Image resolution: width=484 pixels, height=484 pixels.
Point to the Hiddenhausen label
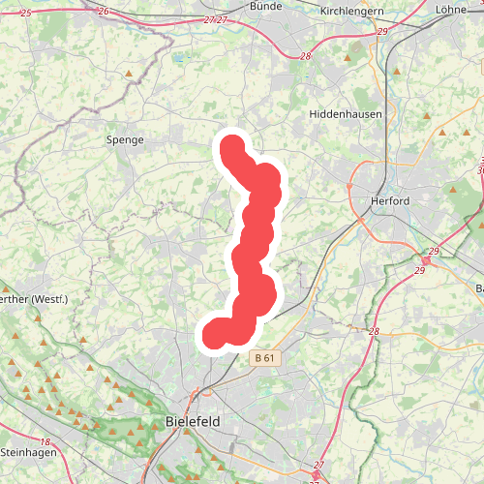pyautogui.click(x=346, y=114)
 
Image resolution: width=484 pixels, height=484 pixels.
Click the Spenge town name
pyautogui.click(x=124, y=140)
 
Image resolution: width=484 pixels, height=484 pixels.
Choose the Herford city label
pyautogui.click(x=391, y=201)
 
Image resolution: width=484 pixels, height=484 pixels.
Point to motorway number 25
pyautogui.click(x=25, y=11)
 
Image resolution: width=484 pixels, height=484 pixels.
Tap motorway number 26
pyautogui.click(x=103, y=11)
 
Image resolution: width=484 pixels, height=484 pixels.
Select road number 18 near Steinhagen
pyautogui.click(x=45, y=441)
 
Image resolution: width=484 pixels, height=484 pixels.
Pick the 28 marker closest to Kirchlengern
pyautogui.click(x=306, y=56)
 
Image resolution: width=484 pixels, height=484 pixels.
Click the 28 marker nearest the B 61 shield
pyautogui.click(x=374, y=332)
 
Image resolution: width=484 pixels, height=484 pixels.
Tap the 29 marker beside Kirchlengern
pyautogui.click(x=382, y=32)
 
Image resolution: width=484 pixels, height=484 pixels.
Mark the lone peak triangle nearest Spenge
pyautogui.click(x=129, y=74)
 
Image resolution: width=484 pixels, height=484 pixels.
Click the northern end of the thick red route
pyautogui.click(x=232, y=147)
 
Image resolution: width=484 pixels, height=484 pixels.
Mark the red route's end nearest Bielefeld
pyautogui.click(x=215, y=335)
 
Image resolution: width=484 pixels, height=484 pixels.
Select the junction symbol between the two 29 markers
pyautogui.click(x=426, y=260)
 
